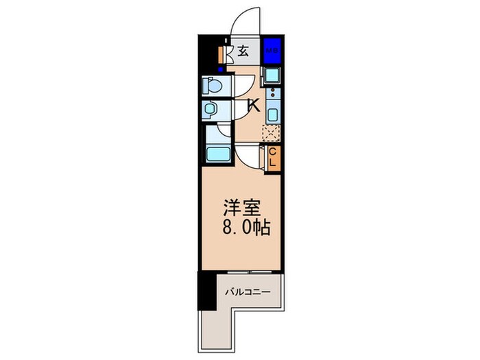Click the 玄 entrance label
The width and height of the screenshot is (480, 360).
click(x=243, y=50)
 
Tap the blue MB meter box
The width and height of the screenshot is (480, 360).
click(x=272, y=50)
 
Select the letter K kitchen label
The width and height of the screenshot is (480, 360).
click(x=252, y=106)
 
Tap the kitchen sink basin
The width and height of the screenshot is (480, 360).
click(x=272, y=115)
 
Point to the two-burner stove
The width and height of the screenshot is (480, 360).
click(x=272, y=93)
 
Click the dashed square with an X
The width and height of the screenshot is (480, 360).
click(x=272, y=132)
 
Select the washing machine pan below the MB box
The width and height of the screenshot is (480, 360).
click(x=272, y=75)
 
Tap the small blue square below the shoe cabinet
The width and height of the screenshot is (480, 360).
click(x=220, y=69)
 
